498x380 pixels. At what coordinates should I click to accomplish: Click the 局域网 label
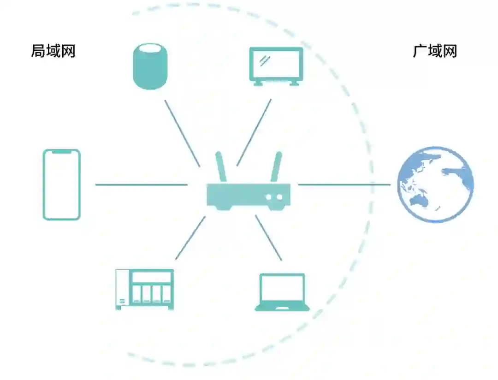[x=53, y=51]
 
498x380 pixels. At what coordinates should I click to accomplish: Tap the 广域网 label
[x=435, y=51]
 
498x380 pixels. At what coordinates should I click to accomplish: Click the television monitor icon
[x=276, y=65]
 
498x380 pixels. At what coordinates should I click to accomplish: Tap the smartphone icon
[x=62, y=184]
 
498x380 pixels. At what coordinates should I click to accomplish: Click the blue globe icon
[x=436, y=184]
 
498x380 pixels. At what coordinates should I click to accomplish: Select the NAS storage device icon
[x=144, y=289]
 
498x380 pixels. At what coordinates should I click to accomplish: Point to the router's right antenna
[x=276, y=167]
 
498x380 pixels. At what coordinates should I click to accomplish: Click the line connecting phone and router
[x=141, y=185]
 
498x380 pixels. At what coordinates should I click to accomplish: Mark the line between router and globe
[x=344, y=185]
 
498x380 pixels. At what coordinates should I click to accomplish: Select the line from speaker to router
[x=182, y=133]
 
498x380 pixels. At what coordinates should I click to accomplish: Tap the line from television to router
[x=254, y=132]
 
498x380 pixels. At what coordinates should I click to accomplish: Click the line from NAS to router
[x=190, y=237]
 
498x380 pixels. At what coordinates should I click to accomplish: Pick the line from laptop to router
[x=268, y=237]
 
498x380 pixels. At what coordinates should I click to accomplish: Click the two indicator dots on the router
[x=274, y=197]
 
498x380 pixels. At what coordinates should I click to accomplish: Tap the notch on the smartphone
[x=62, y=151]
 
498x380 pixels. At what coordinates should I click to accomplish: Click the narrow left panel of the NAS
[x=122, y=289]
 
